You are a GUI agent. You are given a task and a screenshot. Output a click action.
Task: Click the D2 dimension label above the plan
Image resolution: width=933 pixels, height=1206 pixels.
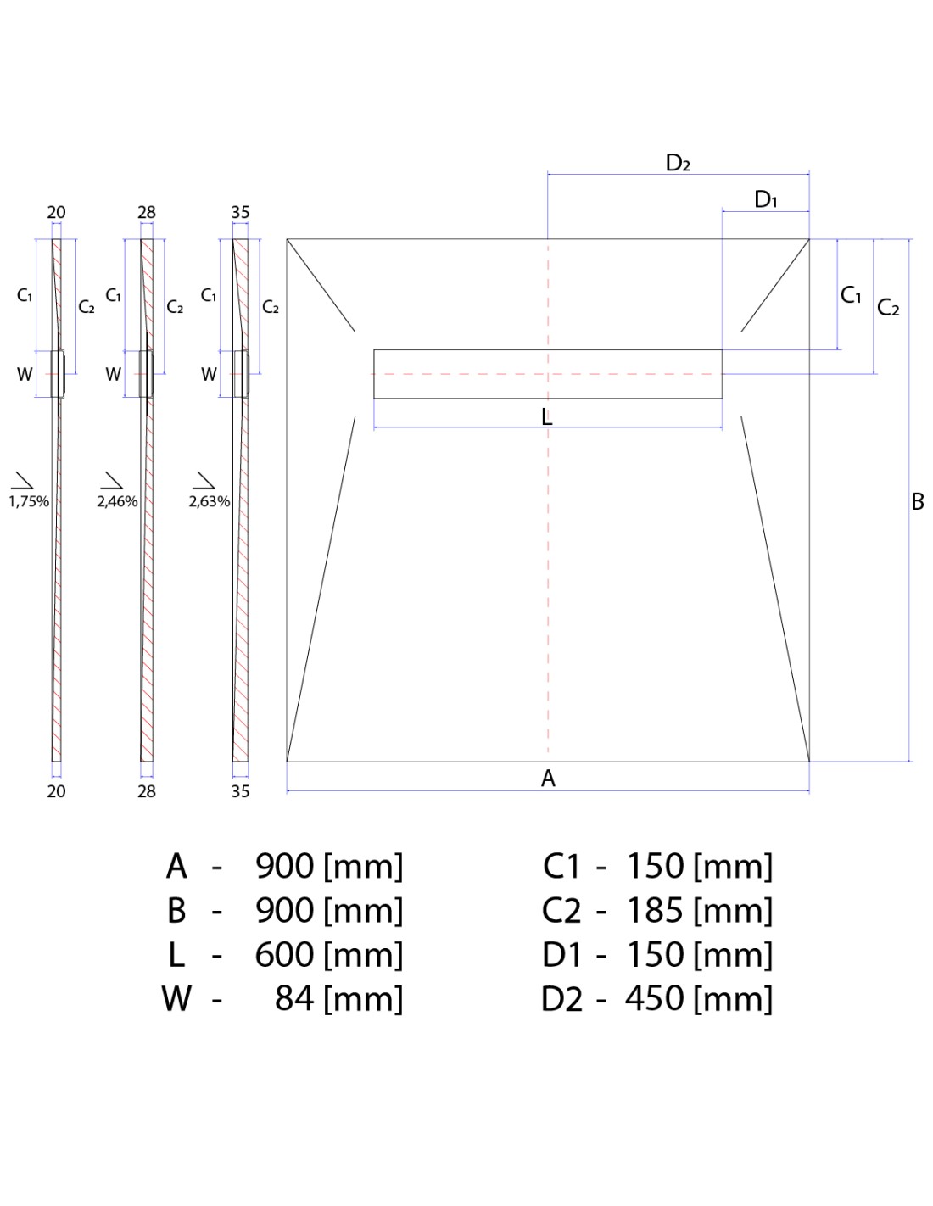click(677, 163)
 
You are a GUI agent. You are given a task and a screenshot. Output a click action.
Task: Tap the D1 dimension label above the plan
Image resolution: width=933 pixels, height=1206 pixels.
click(765, 200)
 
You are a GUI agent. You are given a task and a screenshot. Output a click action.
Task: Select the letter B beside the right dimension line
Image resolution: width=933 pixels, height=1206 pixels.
click(918, 502)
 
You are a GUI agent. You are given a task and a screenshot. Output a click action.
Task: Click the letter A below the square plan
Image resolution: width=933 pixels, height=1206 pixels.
click(548, 779)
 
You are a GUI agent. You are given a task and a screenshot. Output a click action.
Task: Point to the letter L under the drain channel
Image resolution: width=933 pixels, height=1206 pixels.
click(547, 416)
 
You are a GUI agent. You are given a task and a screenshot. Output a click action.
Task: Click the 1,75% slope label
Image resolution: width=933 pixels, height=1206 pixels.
click(29, 502)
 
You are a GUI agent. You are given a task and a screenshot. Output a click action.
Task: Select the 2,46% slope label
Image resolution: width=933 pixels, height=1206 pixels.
click(117, 502)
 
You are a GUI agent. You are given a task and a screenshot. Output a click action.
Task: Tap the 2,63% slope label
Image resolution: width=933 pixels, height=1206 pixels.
click(210, 502)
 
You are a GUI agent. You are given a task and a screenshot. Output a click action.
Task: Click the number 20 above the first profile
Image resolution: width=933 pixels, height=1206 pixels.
click(56, 213)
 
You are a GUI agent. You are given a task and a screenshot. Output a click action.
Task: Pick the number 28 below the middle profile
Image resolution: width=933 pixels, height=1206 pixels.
click(147, 791)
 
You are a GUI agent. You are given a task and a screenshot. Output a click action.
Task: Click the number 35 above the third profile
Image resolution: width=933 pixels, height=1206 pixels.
click(240, 213)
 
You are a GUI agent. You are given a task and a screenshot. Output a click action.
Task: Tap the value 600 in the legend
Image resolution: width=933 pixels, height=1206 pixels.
click(284, 955)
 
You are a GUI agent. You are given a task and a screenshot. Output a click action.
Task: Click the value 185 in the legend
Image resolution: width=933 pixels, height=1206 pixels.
click(655, 911)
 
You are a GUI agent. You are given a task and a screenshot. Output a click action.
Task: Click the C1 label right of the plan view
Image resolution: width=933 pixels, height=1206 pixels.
click(851, 295)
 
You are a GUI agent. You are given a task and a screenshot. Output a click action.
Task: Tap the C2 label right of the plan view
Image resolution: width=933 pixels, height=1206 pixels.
click(888, 307)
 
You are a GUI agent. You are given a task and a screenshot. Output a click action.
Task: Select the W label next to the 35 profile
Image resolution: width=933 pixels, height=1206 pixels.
click(209, 375)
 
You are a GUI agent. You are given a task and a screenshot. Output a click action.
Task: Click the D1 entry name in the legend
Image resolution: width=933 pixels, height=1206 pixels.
click(561, 955)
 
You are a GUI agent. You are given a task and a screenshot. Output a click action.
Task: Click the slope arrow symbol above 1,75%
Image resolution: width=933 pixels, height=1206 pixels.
click(23, 480)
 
